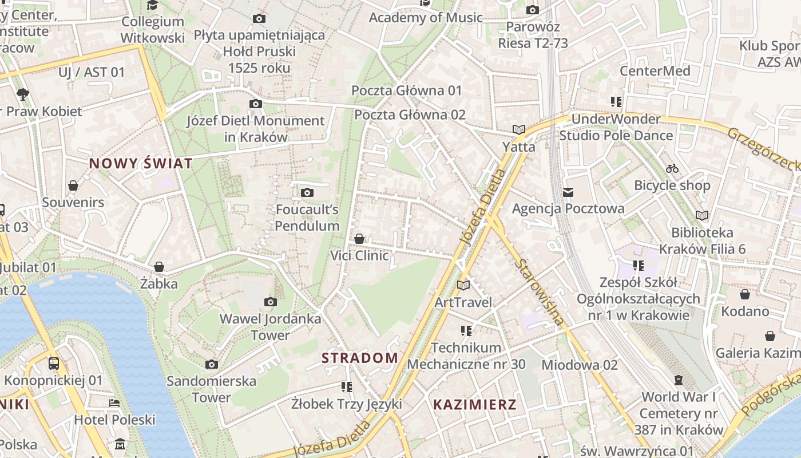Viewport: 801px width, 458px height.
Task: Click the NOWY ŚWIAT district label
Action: [141, 164]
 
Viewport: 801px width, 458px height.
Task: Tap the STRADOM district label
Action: [359, 358]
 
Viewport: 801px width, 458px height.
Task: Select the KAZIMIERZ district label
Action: [474, 405]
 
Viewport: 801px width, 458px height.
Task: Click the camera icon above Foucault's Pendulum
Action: [307, 192]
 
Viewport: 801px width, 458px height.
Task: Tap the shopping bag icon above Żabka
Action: [159, 267]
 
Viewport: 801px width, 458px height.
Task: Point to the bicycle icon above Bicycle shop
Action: [672, 168]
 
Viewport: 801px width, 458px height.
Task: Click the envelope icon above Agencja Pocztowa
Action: [568, 192]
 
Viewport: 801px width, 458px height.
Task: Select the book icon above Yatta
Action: [519, 130]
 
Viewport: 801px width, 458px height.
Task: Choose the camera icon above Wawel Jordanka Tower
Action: [271, 302]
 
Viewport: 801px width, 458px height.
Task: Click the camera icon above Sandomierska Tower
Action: [212, 364]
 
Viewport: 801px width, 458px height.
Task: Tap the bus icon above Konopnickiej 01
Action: [53, 363]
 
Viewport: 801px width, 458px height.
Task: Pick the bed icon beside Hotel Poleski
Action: [114, 403]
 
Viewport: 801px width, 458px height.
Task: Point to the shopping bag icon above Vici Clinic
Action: [359, 239]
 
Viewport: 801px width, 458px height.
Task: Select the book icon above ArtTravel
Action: [463, 285]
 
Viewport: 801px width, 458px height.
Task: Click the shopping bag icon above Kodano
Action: [745, 294]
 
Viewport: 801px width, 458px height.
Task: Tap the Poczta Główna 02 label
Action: [410, 114]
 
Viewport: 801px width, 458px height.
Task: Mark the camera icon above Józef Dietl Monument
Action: [256, 104]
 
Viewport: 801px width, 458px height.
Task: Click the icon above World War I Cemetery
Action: [679, 380]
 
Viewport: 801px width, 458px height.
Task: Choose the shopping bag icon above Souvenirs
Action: [73, 185]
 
